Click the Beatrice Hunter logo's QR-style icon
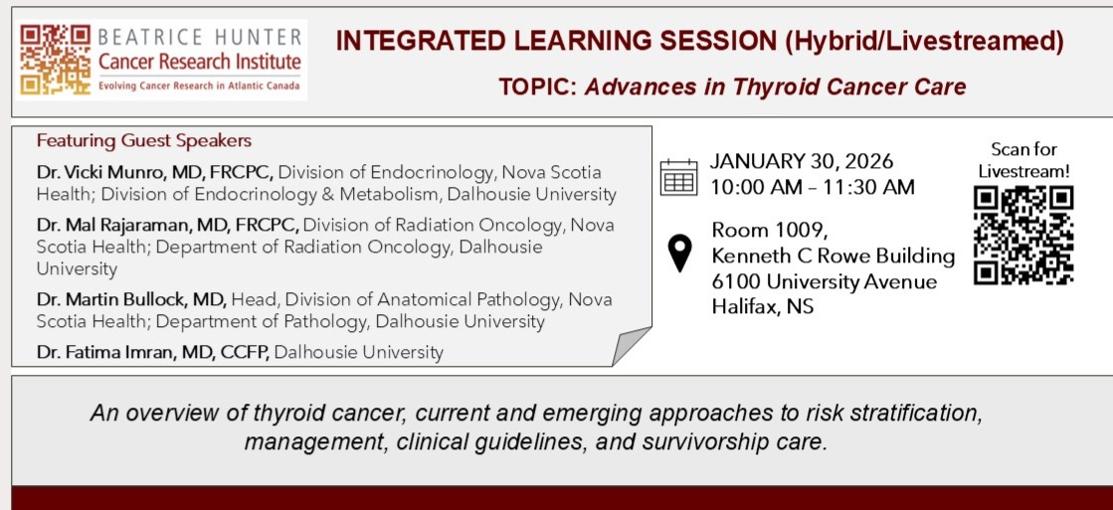point(55,60)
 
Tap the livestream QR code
point(1022,235)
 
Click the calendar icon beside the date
point(678,177)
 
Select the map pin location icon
point(679,254)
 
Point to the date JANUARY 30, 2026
point(802,161)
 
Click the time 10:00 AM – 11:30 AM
point(812,187)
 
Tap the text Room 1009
point(770,231)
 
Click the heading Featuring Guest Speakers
point(144,140)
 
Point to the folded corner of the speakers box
point(631,347)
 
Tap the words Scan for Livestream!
point(1023,160)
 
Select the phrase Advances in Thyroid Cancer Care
point(775,86)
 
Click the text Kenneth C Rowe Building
point(834,255)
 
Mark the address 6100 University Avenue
point(825,281)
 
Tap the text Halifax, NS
point(763,308)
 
